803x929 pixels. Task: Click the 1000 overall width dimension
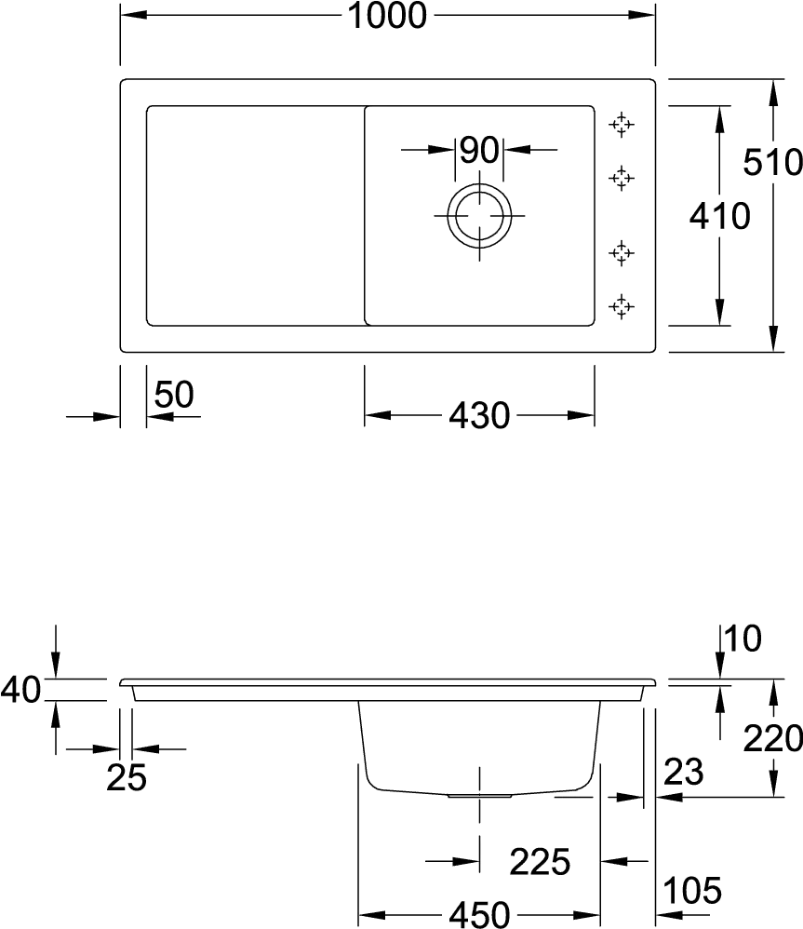tap(387, 16)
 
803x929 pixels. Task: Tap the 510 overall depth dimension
tap(773, 162)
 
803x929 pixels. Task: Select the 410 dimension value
tap(719, 216)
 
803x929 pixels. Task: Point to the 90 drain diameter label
tap(479, 150)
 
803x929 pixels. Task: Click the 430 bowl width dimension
tap(479, 415)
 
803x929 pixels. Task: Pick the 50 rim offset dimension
tap(173, 394)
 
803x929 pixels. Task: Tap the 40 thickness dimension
tap(20, 690)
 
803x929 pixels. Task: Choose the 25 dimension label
tap(127, 777)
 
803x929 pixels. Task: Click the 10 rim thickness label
tap(743, 639)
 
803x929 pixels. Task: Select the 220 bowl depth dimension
tap(773, 739)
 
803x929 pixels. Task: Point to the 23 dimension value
tap(683, 772)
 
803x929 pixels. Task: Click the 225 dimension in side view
tap(540, 861)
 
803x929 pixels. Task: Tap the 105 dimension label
tap(692, 890)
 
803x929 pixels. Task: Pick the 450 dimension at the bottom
tap(479, 914)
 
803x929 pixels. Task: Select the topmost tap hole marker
tap(622, 125)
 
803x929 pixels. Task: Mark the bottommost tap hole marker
tap(622, 306)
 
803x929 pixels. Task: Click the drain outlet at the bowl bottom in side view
tap(479, 796)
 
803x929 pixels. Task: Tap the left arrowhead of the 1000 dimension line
tap(134, 14)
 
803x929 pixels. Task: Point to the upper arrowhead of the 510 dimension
tap(773, 93)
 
